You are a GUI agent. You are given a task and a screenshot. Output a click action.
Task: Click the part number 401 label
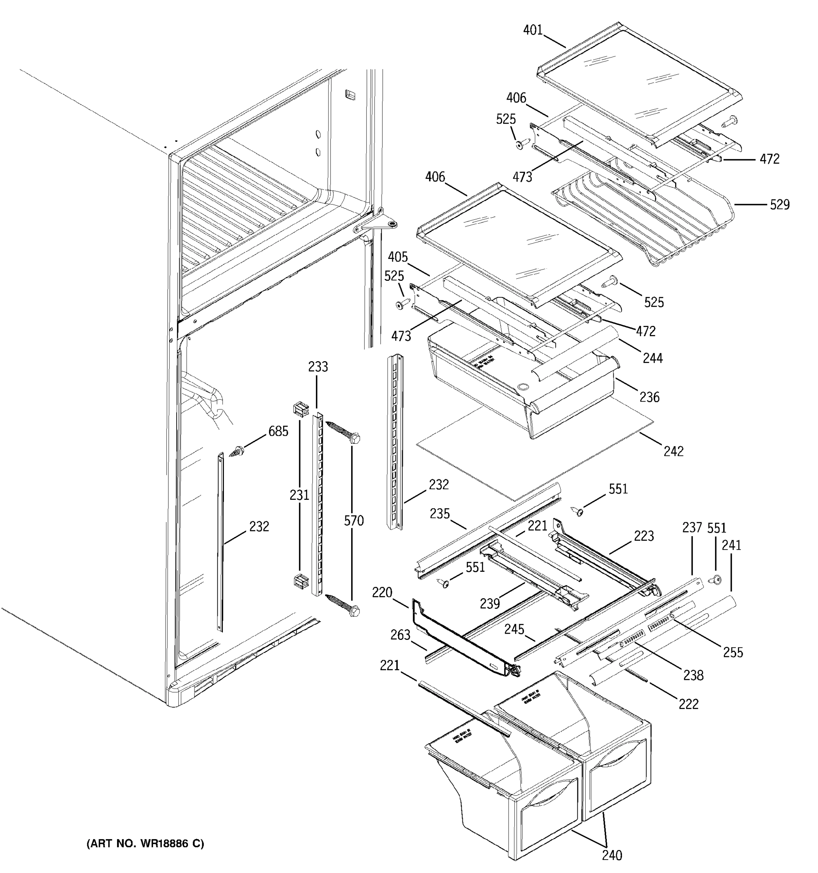(x=533, y=30)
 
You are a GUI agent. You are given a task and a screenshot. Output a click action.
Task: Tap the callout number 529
(x=779, y=205)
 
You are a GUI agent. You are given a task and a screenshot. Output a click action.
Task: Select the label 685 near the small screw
(x=278, y=432)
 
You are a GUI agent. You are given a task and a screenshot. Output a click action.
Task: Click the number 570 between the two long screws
(x=354, y=521)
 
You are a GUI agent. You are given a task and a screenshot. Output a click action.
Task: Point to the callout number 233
(x=318, y=367)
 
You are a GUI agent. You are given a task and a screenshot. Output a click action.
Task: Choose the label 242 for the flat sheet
(x=673, y=451)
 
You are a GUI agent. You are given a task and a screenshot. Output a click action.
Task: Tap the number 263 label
(x=400, y=635)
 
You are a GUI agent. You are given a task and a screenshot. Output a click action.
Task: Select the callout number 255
(x=733, y=653)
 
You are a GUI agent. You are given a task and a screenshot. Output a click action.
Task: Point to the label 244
(x=653, y=358)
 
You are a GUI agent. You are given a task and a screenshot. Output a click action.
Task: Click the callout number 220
(x=382, y=593)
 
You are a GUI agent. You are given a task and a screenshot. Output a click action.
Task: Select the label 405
(x=398, y=257)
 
